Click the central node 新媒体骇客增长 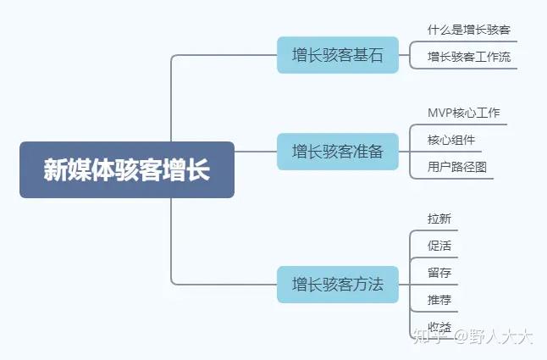[126, 169]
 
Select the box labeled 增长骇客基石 [338, 55]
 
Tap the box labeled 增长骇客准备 [338, 152]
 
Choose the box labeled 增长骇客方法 [338, 284]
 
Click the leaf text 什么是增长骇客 [469, 30]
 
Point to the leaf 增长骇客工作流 [469, 57]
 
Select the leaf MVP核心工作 [464, 113]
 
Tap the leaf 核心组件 [451, 139]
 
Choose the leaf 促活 [439, 246]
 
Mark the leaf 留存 [439, 273]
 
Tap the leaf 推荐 [439, 300]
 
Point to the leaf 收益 [439, 327]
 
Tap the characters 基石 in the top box [368, 55]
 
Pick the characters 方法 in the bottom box [368, 284]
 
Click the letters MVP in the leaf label [441, 113]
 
